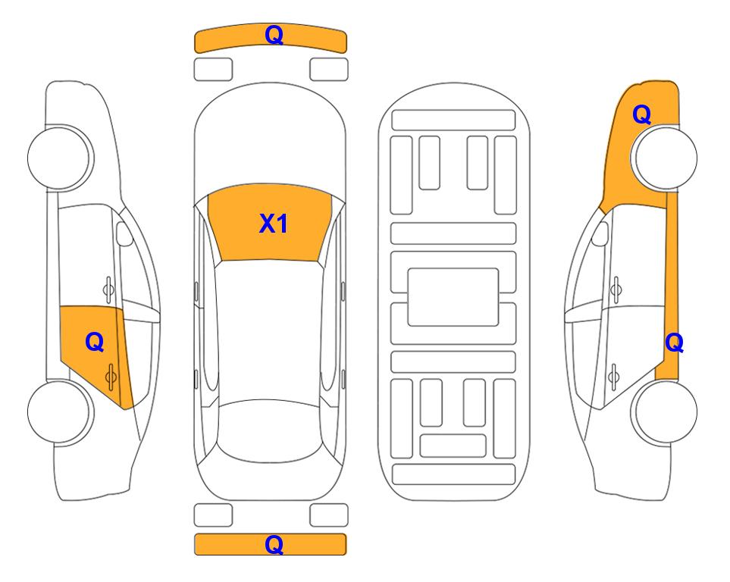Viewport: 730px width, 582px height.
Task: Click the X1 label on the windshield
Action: pyautogui.click(x=274, y=224)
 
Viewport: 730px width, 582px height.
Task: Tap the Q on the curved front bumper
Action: pyautogui.click(x=274, y=35)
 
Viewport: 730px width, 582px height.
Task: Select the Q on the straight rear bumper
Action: pyautogui.click(x=274, y=544)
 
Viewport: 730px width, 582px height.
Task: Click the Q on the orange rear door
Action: pyautogui.click(x=95, y=343)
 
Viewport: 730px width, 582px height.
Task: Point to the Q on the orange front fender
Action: pyautogui.click(x=641, y=114)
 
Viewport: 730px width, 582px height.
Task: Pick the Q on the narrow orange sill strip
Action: pyautogui.click(x=674, y=343)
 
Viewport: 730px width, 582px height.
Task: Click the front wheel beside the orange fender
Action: pyautogui.click(x=663, y=158)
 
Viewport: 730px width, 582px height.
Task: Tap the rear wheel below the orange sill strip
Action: pyautogui.click(x=663, y=411)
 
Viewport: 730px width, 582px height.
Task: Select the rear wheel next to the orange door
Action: pyautogui.click(x=61, y=411)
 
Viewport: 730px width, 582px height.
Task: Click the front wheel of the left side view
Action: pyautogui.click(x=61, y=158)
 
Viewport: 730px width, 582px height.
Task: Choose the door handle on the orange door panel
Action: pyautogui.click(x=111, y=377)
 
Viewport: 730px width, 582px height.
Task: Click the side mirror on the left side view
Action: pyautogui.click(x=124, y=233)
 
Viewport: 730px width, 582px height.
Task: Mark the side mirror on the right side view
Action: pyautogui.click(x=600, y=233)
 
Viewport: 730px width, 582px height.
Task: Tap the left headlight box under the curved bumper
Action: pyautogui.click(x=213, y=70)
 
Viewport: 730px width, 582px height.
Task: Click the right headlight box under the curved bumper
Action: pyautogui.click(x=329, y=70)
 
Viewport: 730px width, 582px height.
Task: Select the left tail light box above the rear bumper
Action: pyautogui.click(x=213, y=515)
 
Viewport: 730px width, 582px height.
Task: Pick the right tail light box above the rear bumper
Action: pyautogui.click(x=329, y=515)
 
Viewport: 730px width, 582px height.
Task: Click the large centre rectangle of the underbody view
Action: pyautogui.click(x=453, y=297)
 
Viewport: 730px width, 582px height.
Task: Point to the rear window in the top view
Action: pyautogui.click(x=271, y=430)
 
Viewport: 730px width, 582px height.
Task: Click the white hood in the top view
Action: pyautogui.click(x=270, y=139)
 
